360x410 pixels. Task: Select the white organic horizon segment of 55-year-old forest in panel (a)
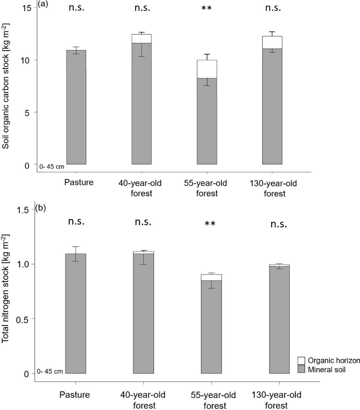pyautogui.click(x=207, y=69)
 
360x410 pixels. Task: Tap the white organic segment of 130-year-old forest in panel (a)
pyautogui.click(x=272, y=42)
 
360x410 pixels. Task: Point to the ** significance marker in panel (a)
pyautogui.click(x=207, y=8)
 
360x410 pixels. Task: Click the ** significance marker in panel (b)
pyautogui.click(x=210, y=223)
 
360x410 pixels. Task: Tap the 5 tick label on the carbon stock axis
pyautogui.click(x=30, y=112)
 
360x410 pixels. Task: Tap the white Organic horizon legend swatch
pyautogui.click(x=301, y=361)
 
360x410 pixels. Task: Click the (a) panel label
pyautogui.click(x=41, y=4)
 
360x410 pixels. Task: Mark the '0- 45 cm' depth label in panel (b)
pyautogui.click(x=50, y=372)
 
